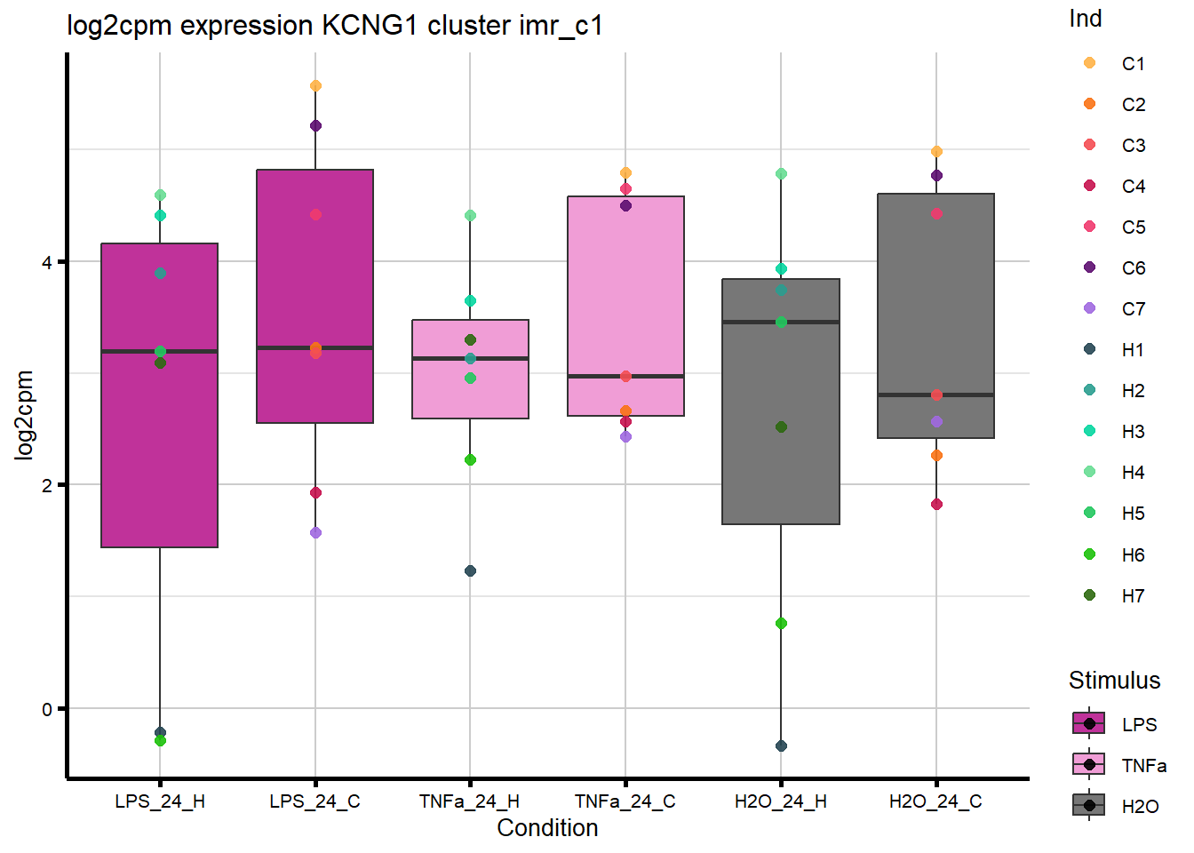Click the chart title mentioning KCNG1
pos(335,26)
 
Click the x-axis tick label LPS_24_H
pos(160,801)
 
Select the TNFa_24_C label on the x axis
pos(625,801)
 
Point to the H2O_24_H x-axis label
pos(781,801)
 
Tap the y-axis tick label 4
pos(47,262)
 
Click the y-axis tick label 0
pos(47,709)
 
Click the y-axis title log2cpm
pos(24,415)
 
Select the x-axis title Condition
pos(547,828)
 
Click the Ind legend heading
pos(1086,19)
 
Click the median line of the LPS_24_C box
pos(315,347)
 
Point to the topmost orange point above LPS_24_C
pos(315,86)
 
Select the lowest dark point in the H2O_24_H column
pos(781,745)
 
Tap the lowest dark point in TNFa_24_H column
pos(471,570)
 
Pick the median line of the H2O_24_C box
pos(936,395)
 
